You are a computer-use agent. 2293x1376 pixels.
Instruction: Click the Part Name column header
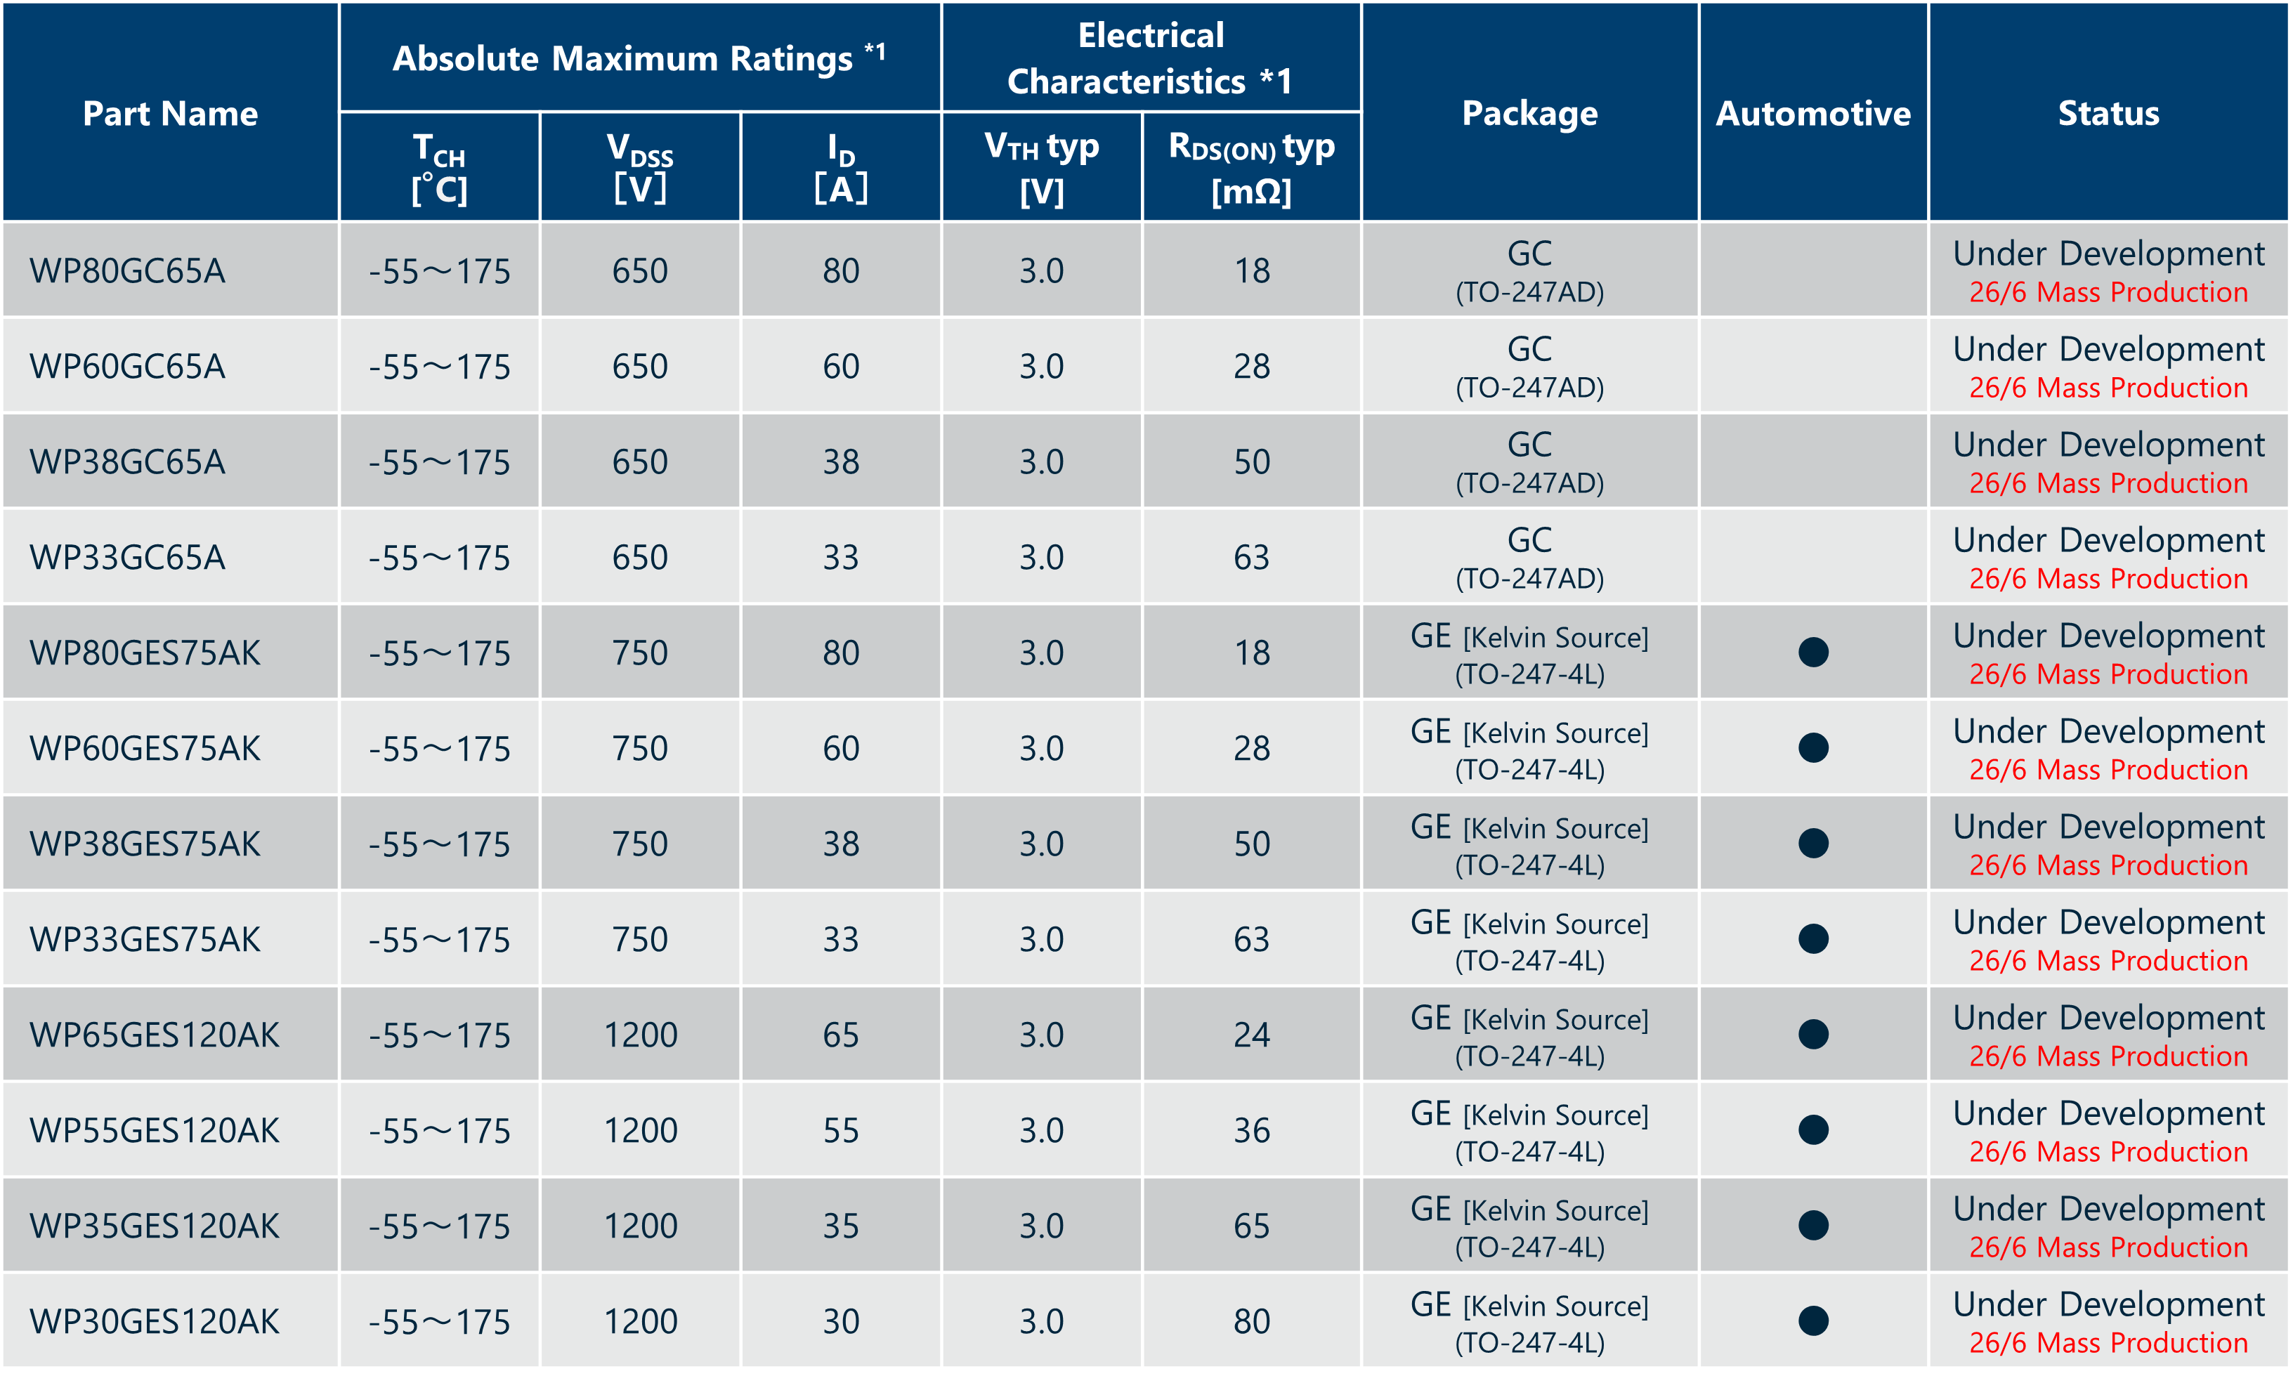[170, 113]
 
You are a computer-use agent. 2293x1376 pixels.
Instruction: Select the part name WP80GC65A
[127, 270]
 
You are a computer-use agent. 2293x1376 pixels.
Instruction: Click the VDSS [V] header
[640, 167]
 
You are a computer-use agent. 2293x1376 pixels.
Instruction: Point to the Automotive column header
[1812, 113]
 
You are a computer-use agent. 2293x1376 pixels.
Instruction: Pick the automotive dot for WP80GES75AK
[1812, 653]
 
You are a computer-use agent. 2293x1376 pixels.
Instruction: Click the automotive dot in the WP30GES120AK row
[1812, 1321]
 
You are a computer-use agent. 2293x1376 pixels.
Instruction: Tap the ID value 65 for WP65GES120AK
[841, 1035]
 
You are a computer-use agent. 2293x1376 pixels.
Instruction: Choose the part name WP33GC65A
[127, 557]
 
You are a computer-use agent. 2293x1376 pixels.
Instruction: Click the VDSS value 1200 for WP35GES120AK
[640, 1226]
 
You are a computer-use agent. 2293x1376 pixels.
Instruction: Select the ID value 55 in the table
[841, 1130]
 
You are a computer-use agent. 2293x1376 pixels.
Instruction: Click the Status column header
[2108, 113]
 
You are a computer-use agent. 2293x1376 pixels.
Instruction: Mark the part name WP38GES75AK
[145, 844]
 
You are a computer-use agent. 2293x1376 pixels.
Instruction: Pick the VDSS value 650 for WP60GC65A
[640, 366]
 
